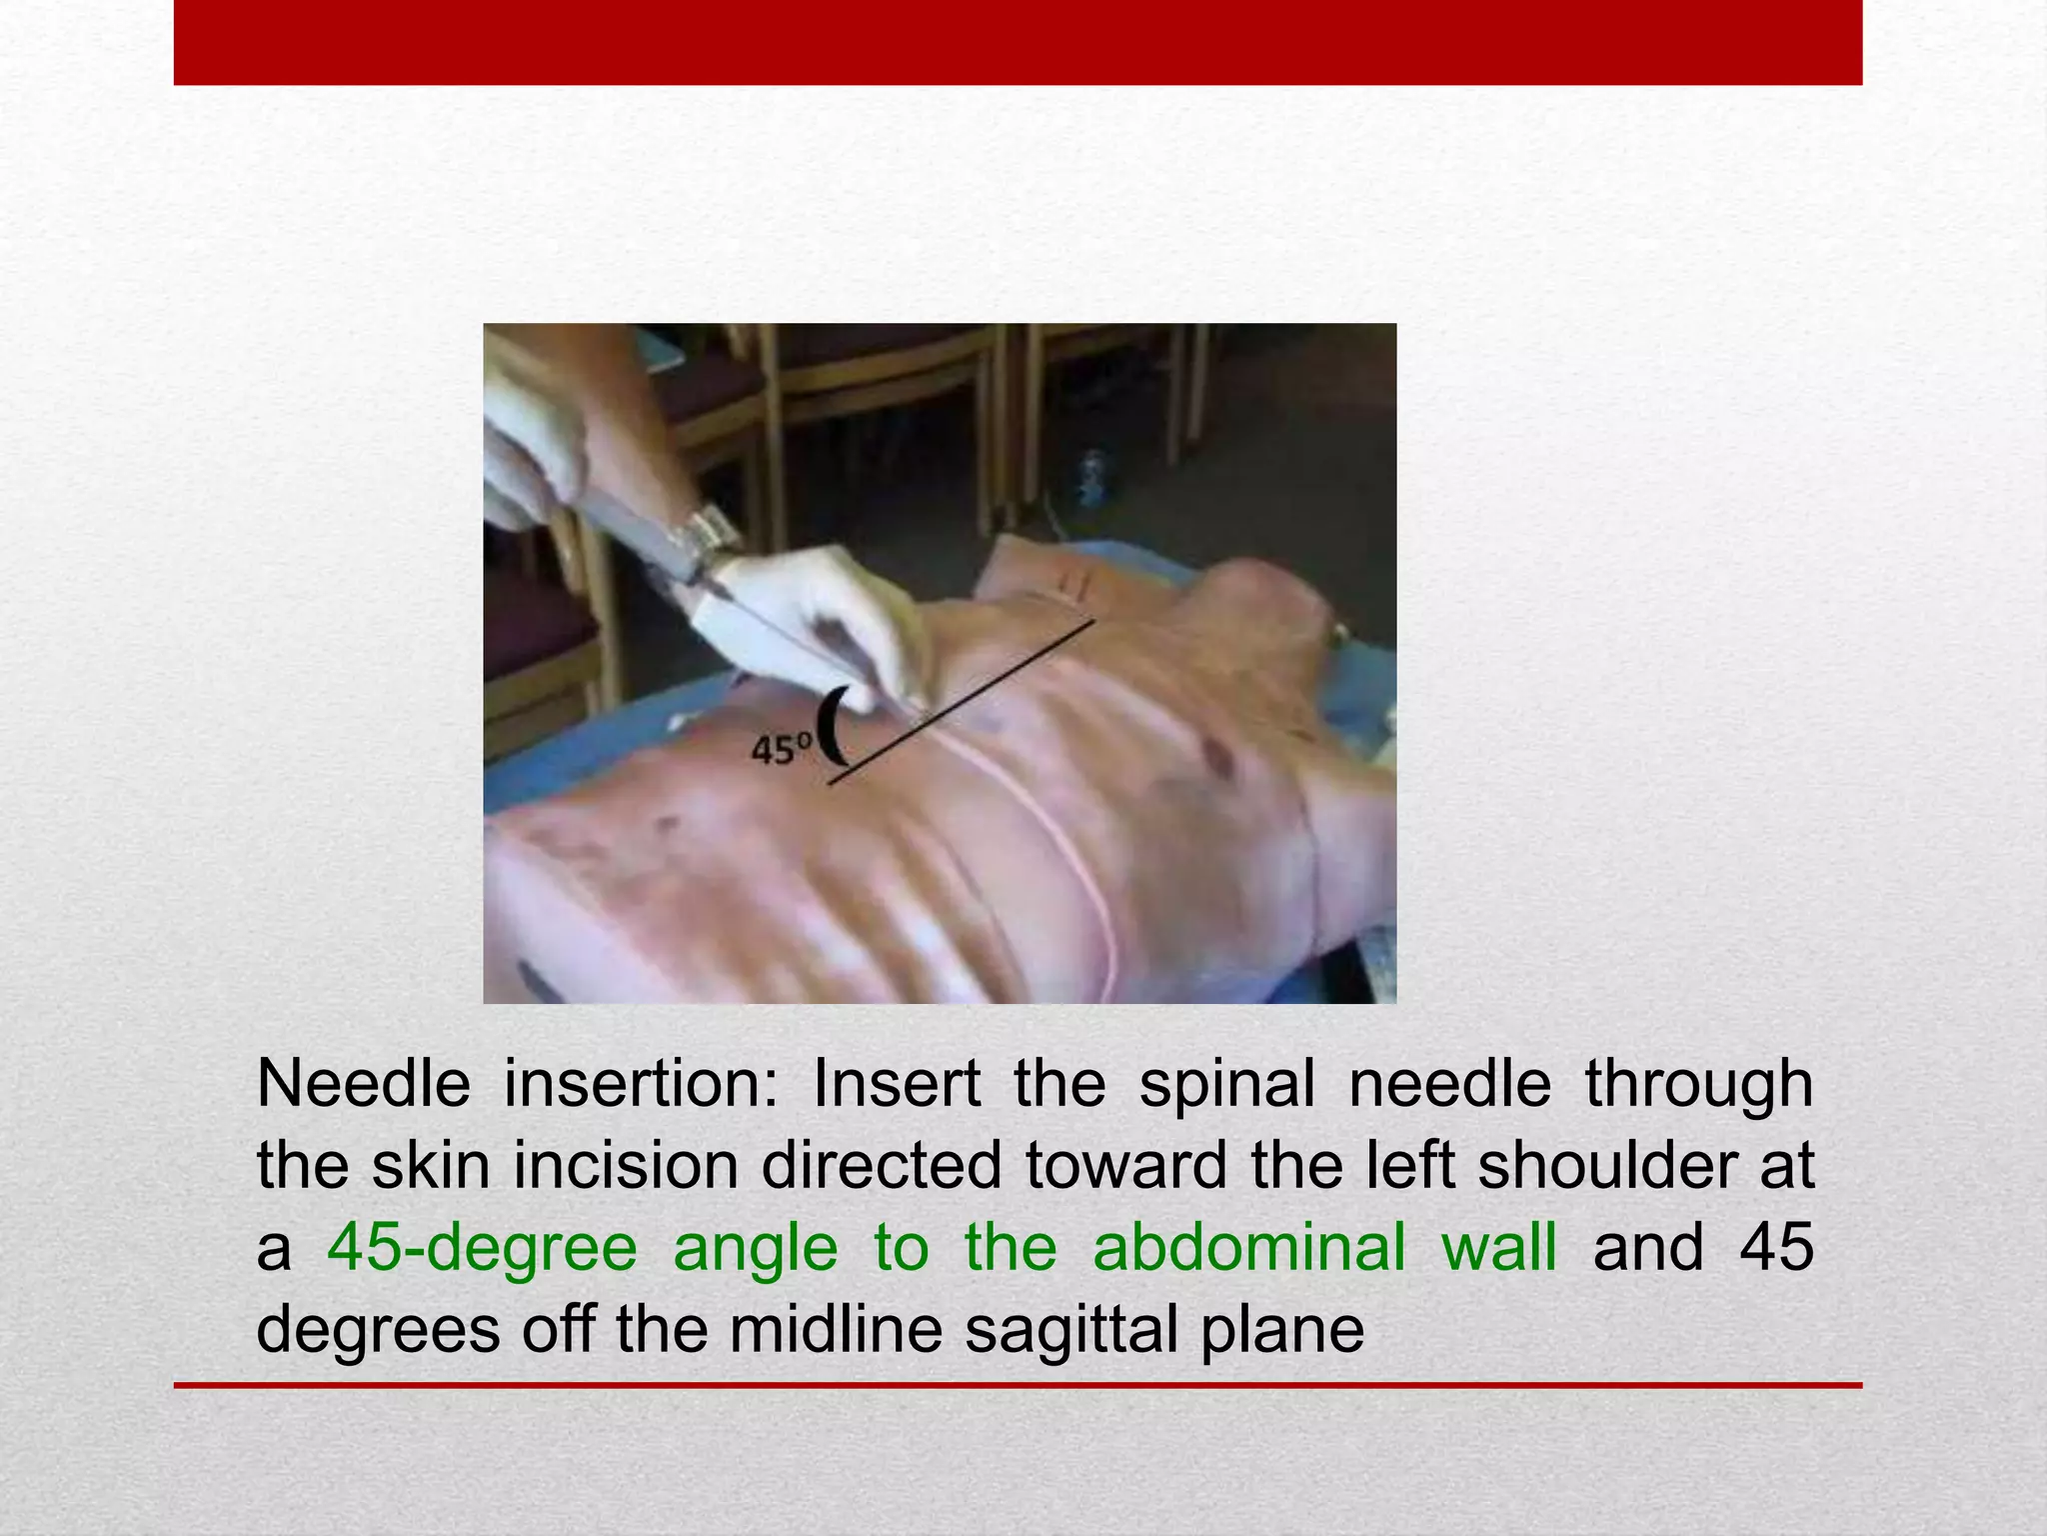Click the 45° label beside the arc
(x=781, y=749)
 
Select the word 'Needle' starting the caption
(x=363, y=1084)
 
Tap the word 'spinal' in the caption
(x=1226, y=1084)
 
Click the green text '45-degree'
(x=482, y=1249)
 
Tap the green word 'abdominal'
(x=1248, y=1249)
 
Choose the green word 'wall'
(x=1498, y=1247)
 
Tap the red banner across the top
(x=1018, y=42)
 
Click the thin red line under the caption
(x=1018, y=1385)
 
